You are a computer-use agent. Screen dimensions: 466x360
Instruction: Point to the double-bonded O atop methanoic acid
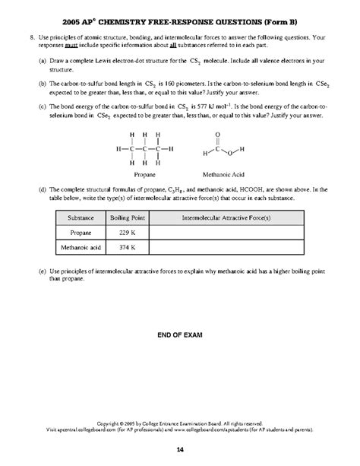pyautogui.click(x=219, y=133)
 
